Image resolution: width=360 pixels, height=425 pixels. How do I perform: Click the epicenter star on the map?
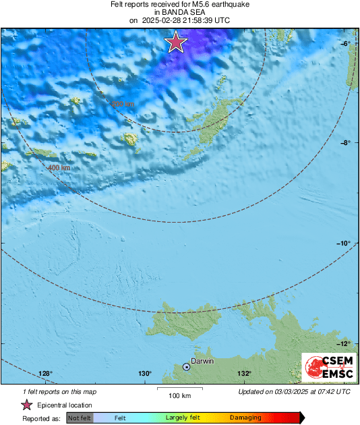click(x=176, y=42)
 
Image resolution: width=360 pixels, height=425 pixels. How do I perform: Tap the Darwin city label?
click(x=202, y=362)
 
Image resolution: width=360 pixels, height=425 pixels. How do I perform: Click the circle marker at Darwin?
click(x=186, y=366)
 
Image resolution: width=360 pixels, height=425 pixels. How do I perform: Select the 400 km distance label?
click(x=59, y=167)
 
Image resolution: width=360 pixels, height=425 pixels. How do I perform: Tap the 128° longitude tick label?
click(x=45, y=374)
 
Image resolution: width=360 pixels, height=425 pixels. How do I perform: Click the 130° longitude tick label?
click(x=145, y=374)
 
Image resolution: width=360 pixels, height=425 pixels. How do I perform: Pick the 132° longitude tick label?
click(x=244, y=374)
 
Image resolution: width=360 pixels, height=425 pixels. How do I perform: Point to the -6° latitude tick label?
click(x=345, y=42)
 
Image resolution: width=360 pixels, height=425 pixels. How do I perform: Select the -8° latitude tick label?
click(x=345, y=142)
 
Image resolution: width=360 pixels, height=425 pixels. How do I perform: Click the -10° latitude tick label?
click(x=344, y=243)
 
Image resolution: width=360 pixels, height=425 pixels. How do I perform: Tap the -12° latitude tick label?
click(x=344, y=343)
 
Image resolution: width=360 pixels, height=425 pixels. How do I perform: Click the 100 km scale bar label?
click(x=180, y=395)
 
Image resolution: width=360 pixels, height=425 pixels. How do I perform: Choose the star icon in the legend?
click(x=26, y=405)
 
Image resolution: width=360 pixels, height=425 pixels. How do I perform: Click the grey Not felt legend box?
click(x=80, y=418)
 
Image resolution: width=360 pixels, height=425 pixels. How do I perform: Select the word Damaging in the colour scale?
click(x=245, y=418)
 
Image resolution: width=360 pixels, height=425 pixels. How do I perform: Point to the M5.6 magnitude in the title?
click(x=200, y=4)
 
